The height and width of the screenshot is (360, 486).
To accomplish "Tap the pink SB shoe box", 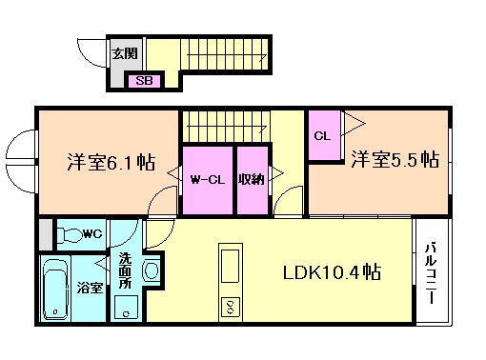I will click(x=145, y=81).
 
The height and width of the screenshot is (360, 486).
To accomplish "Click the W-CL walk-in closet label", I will click(x=207, y=178).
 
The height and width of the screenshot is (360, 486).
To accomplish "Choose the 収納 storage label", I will click(x=252, y=178).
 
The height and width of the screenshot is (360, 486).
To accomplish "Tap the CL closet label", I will click(x=322, y=135).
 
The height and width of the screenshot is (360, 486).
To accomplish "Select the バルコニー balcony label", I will click(x=430, y=272).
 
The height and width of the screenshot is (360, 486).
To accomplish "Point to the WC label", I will click(x=91, y=233).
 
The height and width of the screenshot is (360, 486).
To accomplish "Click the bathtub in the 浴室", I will click(x=54, y=289).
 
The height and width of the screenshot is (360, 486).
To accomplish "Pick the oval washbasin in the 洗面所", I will click(x=151, y=271).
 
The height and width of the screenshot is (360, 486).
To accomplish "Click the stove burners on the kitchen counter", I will click(x=231, y=307).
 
